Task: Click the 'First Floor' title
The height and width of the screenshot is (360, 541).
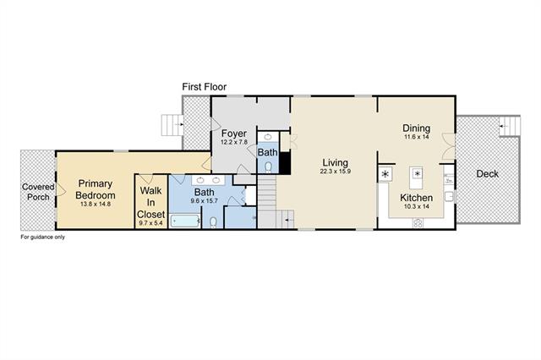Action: (205, 87)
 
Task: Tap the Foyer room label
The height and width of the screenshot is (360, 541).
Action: (234, 134)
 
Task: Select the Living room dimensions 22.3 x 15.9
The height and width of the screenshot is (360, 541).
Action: (336, 172)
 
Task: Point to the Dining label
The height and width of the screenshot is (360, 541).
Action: (417, 128)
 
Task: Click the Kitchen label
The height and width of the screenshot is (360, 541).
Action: (417, 198)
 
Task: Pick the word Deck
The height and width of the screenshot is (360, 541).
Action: (487, 174)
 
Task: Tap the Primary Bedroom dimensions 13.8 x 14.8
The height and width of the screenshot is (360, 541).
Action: (96, 204)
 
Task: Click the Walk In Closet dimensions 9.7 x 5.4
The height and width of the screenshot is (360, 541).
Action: (150, 223)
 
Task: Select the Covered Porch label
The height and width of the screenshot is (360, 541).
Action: (38, 192)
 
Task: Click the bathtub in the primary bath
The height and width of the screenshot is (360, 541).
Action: (185, 221)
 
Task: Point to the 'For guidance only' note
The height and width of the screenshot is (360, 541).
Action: (43, 237)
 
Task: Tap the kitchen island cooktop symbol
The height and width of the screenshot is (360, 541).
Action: (417, 173)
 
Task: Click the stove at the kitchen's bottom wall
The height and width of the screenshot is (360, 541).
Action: (418, 223)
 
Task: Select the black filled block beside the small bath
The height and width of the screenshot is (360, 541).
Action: (285, 163)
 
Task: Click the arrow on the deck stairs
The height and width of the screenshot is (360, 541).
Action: (504, 126)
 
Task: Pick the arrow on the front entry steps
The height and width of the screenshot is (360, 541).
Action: (179, 124)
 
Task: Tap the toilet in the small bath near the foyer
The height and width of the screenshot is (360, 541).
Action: (268, 167)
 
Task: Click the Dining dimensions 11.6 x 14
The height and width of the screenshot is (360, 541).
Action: (417, 137)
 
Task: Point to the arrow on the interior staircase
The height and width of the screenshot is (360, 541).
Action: (289, 220)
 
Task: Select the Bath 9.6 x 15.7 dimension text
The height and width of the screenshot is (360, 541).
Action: (205, 200)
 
